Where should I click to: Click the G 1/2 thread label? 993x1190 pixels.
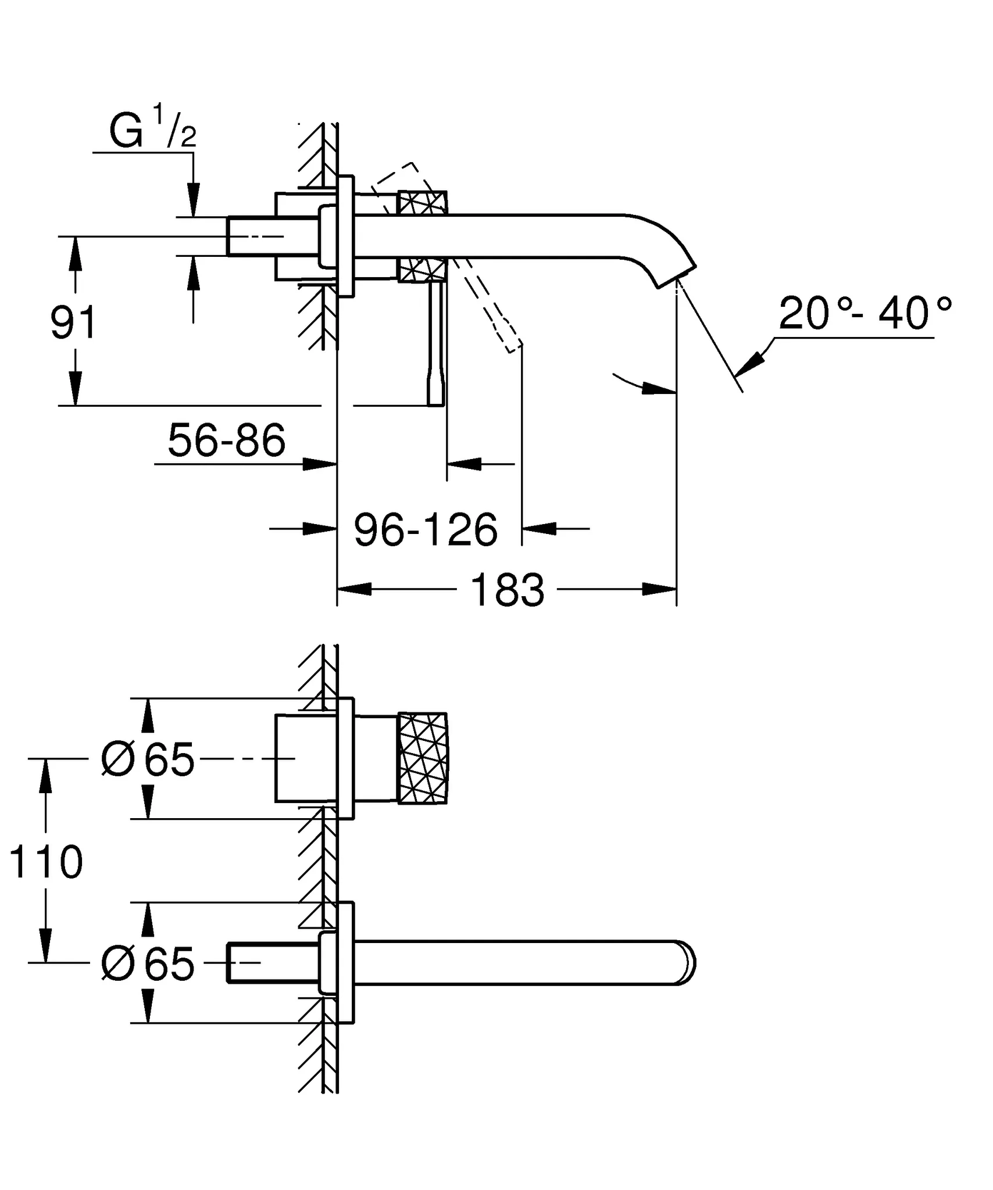pyautogui.click(x=152, y=132)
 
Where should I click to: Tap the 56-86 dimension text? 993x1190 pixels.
pyautogui.click(x=226, y=440)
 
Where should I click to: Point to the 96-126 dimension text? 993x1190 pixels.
pyautogui.click(x=426, y=529)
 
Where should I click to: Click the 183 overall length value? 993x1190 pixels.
pyautogui.click(x=507, y=590)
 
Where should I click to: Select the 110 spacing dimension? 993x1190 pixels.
pyautogui.click(x=47, y=861)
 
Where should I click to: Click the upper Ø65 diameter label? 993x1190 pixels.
pyautogui.click(x=148, y=759)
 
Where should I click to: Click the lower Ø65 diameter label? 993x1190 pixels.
pyautogui.click(x=148, y=964)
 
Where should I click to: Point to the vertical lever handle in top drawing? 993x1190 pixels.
pyautogui.click(x=435, y=343)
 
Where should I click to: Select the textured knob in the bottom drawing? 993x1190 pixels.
pyautogui.click(x=423, y=758)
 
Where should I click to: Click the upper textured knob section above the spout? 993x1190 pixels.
pyautogui.click(x=423, y=203)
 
